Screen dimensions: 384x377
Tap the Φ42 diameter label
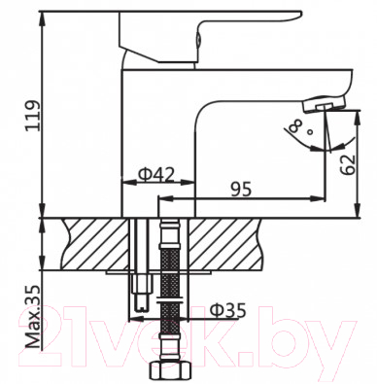tap(155, 175)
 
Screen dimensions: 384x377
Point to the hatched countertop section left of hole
tap(93, 240)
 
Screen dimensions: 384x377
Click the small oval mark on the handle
tap(198, 40)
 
